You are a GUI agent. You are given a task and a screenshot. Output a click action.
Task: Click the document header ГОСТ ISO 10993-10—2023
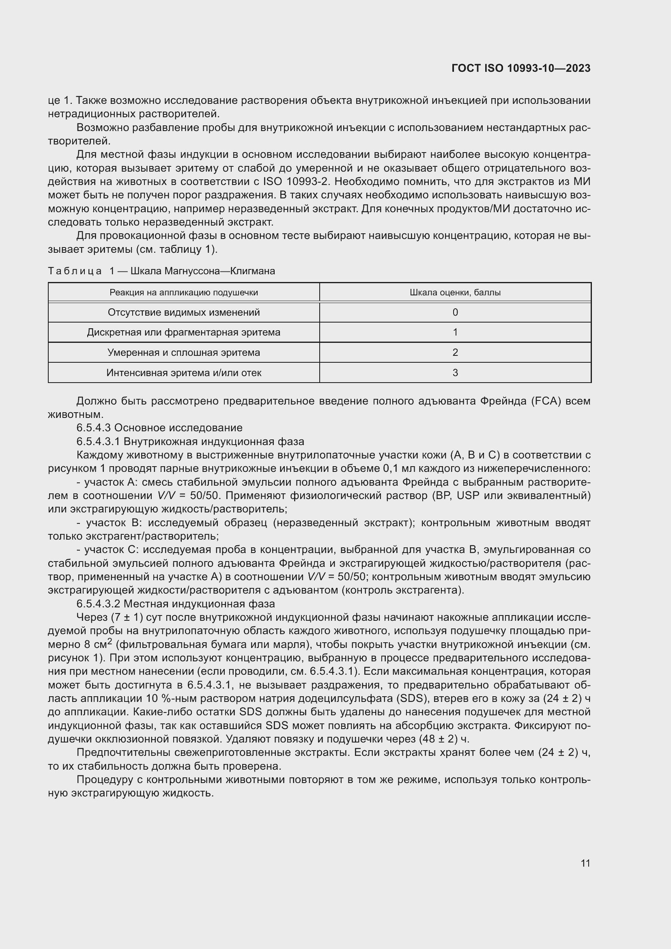[520, 68]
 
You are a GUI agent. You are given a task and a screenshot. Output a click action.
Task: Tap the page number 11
[585, 863]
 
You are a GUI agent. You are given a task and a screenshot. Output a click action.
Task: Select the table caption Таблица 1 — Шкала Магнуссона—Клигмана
[161, 271]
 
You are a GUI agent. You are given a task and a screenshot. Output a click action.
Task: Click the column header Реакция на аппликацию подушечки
[183, 293]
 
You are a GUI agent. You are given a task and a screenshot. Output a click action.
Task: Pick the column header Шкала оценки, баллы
[455, 293]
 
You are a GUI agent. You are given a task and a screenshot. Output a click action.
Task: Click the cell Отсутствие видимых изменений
[183, 312]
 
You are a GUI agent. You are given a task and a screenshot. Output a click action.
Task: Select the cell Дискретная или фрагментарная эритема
[183, 332]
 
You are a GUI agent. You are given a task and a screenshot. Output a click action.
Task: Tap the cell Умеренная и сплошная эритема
[183, 353]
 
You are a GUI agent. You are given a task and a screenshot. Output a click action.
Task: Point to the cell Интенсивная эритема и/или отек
[183, 373]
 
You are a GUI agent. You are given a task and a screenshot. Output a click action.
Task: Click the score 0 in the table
[455, 312]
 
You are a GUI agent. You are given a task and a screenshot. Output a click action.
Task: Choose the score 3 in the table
[455, 373]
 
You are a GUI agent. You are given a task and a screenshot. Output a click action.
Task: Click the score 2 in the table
[455, 353]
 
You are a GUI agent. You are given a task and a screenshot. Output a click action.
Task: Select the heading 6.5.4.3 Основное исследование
[159, 428]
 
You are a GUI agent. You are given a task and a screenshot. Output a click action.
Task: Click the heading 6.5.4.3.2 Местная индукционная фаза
[176, 604]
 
